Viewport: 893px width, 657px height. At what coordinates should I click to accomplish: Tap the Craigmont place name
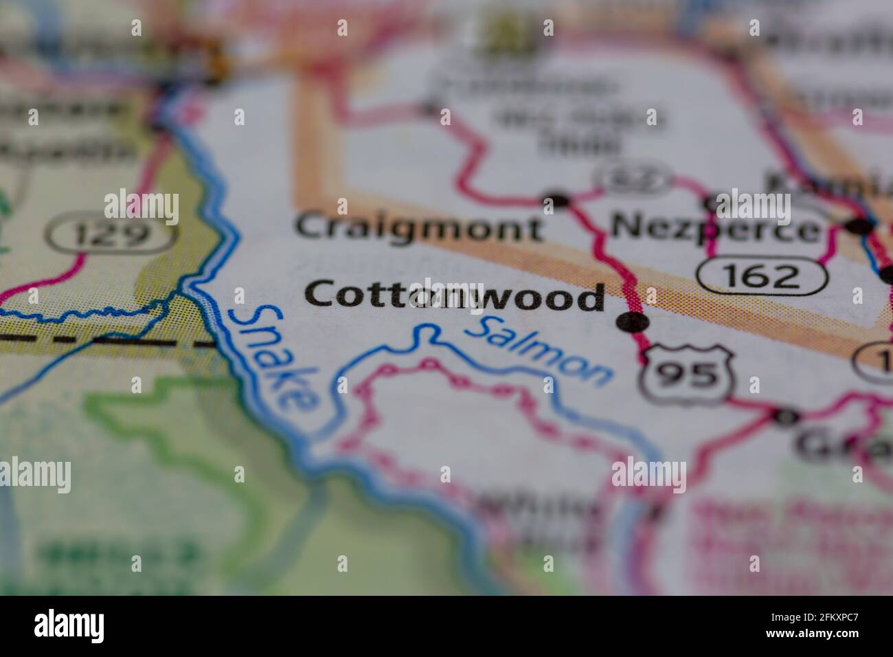click(418, 227)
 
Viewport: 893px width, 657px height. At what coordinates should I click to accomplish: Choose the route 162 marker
click(762, 276)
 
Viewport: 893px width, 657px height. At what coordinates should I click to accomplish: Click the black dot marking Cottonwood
click(632, 322)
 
